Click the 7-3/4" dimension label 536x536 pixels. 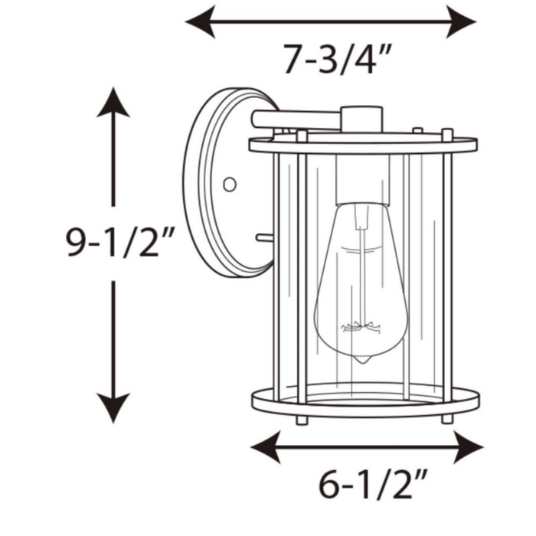332,60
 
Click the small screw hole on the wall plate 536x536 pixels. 227,184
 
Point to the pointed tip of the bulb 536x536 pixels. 360,361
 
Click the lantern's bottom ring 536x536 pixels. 365,403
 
